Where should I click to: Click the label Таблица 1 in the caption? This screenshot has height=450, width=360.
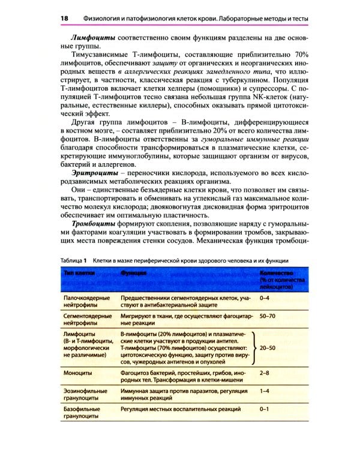pos(75,260)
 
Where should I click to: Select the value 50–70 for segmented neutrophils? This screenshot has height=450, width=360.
pos(268,315)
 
